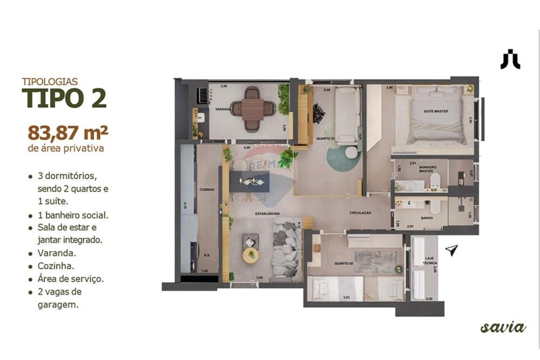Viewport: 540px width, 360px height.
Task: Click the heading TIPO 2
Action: [64, 99]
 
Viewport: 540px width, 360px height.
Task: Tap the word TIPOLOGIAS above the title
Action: [50, 81]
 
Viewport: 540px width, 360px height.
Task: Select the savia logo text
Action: [503, 327]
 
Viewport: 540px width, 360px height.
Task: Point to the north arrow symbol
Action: [451, 250]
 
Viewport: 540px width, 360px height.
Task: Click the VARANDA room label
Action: [223, 109]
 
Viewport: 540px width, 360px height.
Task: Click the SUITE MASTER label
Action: [435, 111]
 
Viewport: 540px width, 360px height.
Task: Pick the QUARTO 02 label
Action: [343, 263]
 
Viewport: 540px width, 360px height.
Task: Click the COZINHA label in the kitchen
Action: [206, 189]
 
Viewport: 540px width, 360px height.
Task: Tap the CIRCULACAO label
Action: [360, 213]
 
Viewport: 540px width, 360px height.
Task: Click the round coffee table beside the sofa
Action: [251, 255]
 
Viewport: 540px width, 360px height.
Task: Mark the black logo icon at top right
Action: [510, 59]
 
